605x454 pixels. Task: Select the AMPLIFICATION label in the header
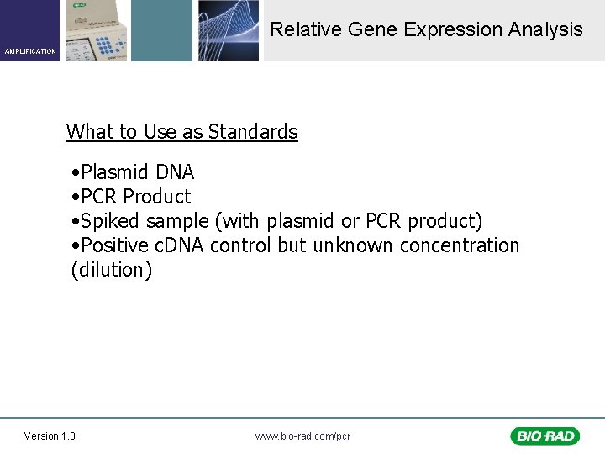pos(30,52)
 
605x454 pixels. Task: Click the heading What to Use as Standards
pos(181,132)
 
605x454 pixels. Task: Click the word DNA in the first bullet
pos(175,172)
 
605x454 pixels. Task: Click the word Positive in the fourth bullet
pos(117,245)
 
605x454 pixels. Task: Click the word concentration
pos(460,245)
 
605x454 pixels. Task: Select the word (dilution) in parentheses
pos(112,270)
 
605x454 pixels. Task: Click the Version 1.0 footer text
pos(50,436)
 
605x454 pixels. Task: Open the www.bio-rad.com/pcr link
pos(302,436)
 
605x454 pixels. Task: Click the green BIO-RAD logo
pos(544,436)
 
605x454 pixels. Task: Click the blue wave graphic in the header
pos(229,30)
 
